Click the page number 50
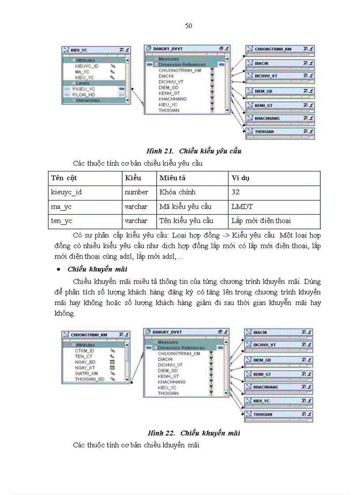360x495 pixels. click(188, 26)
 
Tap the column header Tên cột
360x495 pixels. click(64, 178)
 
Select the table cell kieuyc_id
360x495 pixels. click(66, 192)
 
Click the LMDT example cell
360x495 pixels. click(242, 206)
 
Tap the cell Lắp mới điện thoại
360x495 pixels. click(261, 220)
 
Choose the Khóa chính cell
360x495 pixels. click(177, 192)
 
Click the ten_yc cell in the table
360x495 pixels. click(61, 220)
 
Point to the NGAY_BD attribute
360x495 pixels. click(85, 362)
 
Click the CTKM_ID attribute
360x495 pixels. click(84, 350)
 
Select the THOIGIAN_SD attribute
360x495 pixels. click(90, 379)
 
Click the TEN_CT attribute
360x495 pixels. click(83, 356)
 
